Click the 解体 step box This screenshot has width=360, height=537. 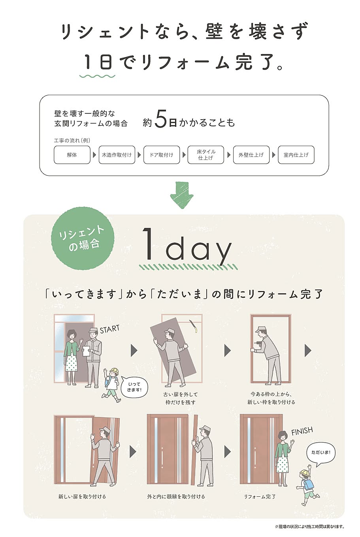click(72, 155)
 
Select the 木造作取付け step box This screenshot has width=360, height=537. click(117, 155)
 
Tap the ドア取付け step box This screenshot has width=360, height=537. click(162, 155)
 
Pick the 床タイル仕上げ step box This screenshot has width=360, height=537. click(205, 155)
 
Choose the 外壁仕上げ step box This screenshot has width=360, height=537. click(251, 155)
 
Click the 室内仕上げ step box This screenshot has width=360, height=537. click(296, 155)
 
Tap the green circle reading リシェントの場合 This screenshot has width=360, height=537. click(83, 238)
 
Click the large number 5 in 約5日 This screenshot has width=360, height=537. click(160, 119)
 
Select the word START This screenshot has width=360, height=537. click(109, 329)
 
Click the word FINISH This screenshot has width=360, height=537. click(302, 431)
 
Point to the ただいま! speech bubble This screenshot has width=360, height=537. click(321, 453)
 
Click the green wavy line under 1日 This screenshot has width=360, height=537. click(98, 76)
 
